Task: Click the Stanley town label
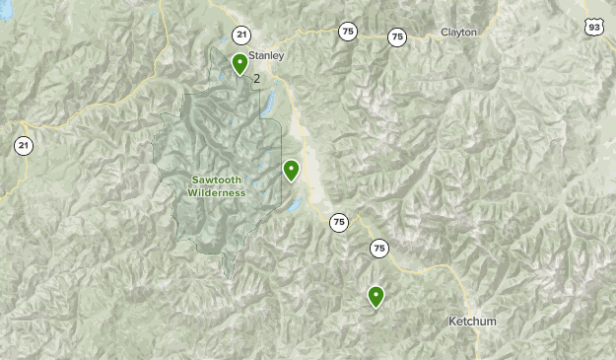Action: pyautogui.click(x=265, y=55)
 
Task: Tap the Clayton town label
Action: pyautogui.click(x=458, y=32)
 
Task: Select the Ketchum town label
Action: pyautogui.click(x=472, y=322)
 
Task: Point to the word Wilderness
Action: pyautogui.click(x=217, y=192)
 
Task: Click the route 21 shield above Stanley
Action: pyautogui.click(x=241, y=36)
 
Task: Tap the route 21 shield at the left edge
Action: pyautogui.click(x=22, y=146)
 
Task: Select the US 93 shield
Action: pyautogui.click(x=593, y=27)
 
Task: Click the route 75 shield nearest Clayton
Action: pyautogui.click(x=396, y=37)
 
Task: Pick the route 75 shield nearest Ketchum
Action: pyautogui.click(x=379, y=249)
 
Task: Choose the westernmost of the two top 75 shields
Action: pyautogui.click(x=347, y=32)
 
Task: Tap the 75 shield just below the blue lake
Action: pyautogui.click(x=339, y=222)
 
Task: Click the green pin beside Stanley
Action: pyautogui.click(x=240, y=64)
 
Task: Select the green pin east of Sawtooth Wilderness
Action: pyautogui.click(x=291, y=171)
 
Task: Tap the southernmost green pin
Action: pyautogui.click(x=376, y=295)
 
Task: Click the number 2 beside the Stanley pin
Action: pyautogui.click(x=256, y=79)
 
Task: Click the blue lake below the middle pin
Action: pyautogui.click(x=294, y=205)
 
